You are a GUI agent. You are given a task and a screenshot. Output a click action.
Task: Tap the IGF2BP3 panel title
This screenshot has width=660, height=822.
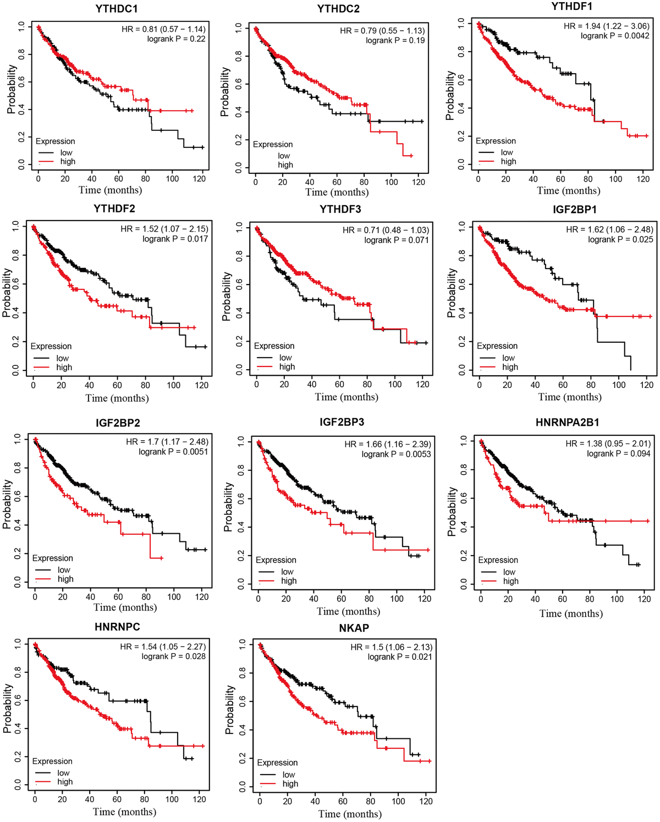pos(342,422)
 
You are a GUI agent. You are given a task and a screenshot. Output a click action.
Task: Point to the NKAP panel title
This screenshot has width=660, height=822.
pos(354,628)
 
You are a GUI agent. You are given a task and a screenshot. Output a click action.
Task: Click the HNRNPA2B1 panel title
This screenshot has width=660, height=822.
pos(567,423)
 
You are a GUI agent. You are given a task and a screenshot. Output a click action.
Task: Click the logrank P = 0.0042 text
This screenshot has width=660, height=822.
pos(615,36)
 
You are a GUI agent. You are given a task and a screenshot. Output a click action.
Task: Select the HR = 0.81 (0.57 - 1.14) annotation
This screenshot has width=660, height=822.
pos(163,29)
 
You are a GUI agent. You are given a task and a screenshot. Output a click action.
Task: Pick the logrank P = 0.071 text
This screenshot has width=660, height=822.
pos(396,240)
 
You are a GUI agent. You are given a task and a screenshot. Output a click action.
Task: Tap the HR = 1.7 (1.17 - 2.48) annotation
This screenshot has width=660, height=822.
pos(167,441)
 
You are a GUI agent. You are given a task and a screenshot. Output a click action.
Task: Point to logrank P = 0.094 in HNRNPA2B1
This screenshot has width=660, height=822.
pos(618,453)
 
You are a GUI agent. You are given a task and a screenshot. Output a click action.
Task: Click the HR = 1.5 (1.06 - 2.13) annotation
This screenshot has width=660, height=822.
pos(391,646)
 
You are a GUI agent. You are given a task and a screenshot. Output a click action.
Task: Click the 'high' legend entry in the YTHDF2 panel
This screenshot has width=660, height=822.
pos(64,368)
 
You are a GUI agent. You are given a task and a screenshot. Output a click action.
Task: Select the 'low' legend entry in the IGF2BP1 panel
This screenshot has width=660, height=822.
pos(508,358)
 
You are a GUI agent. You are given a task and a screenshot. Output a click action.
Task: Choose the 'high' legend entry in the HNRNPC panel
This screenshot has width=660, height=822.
pos(65,782)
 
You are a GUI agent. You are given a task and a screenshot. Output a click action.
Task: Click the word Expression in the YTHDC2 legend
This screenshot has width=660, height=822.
pos(273,144)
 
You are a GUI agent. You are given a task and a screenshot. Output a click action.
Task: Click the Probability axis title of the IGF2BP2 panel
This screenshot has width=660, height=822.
pos(7,503)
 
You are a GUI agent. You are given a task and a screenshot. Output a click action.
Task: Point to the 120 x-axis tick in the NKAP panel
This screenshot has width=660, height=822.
pos(426,802)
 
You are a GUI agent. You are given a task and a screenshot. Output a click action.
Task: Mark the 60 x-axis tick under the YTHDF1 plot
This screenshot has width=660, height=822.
pos(560,179)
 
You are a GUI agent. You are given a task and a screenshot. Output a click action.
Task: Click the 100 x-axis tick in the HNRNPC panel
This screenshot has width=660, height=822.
pos(172,799)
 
